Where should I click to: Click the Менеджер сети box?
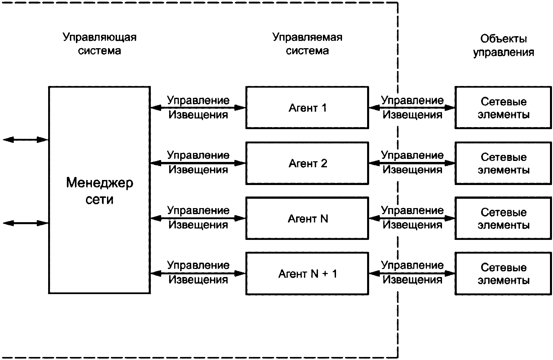100,190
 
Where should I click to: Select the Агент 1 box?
307,107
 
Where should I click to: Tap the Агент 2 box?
307,163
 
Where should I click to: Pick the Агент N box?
307,218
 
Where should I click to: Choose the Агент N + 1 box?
307,274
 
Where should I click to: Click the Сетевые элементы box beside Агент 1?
503,107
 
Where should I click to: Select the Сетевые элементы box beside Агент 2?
503,163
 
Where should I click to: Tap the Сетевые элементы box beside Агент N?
503,218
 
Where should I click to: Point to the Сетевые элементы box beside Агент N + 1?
503,274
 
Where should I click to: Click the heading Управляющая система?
100,44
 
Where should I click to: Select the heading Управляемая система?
307,44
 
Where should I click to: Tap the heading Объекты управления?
504,46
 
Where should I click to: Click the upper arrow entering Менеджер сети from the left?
25,140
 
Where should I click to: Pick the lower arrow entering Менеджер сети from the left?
25,223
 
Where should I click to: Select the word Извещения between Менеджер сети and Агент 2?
198,170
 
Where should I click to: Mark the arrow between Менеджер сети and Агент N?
198,218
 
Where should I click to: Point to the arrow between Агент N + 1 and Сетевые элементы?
412,273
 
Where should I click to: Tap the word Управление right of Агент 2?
412,156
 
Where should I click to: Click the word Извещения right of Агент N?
412,225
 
